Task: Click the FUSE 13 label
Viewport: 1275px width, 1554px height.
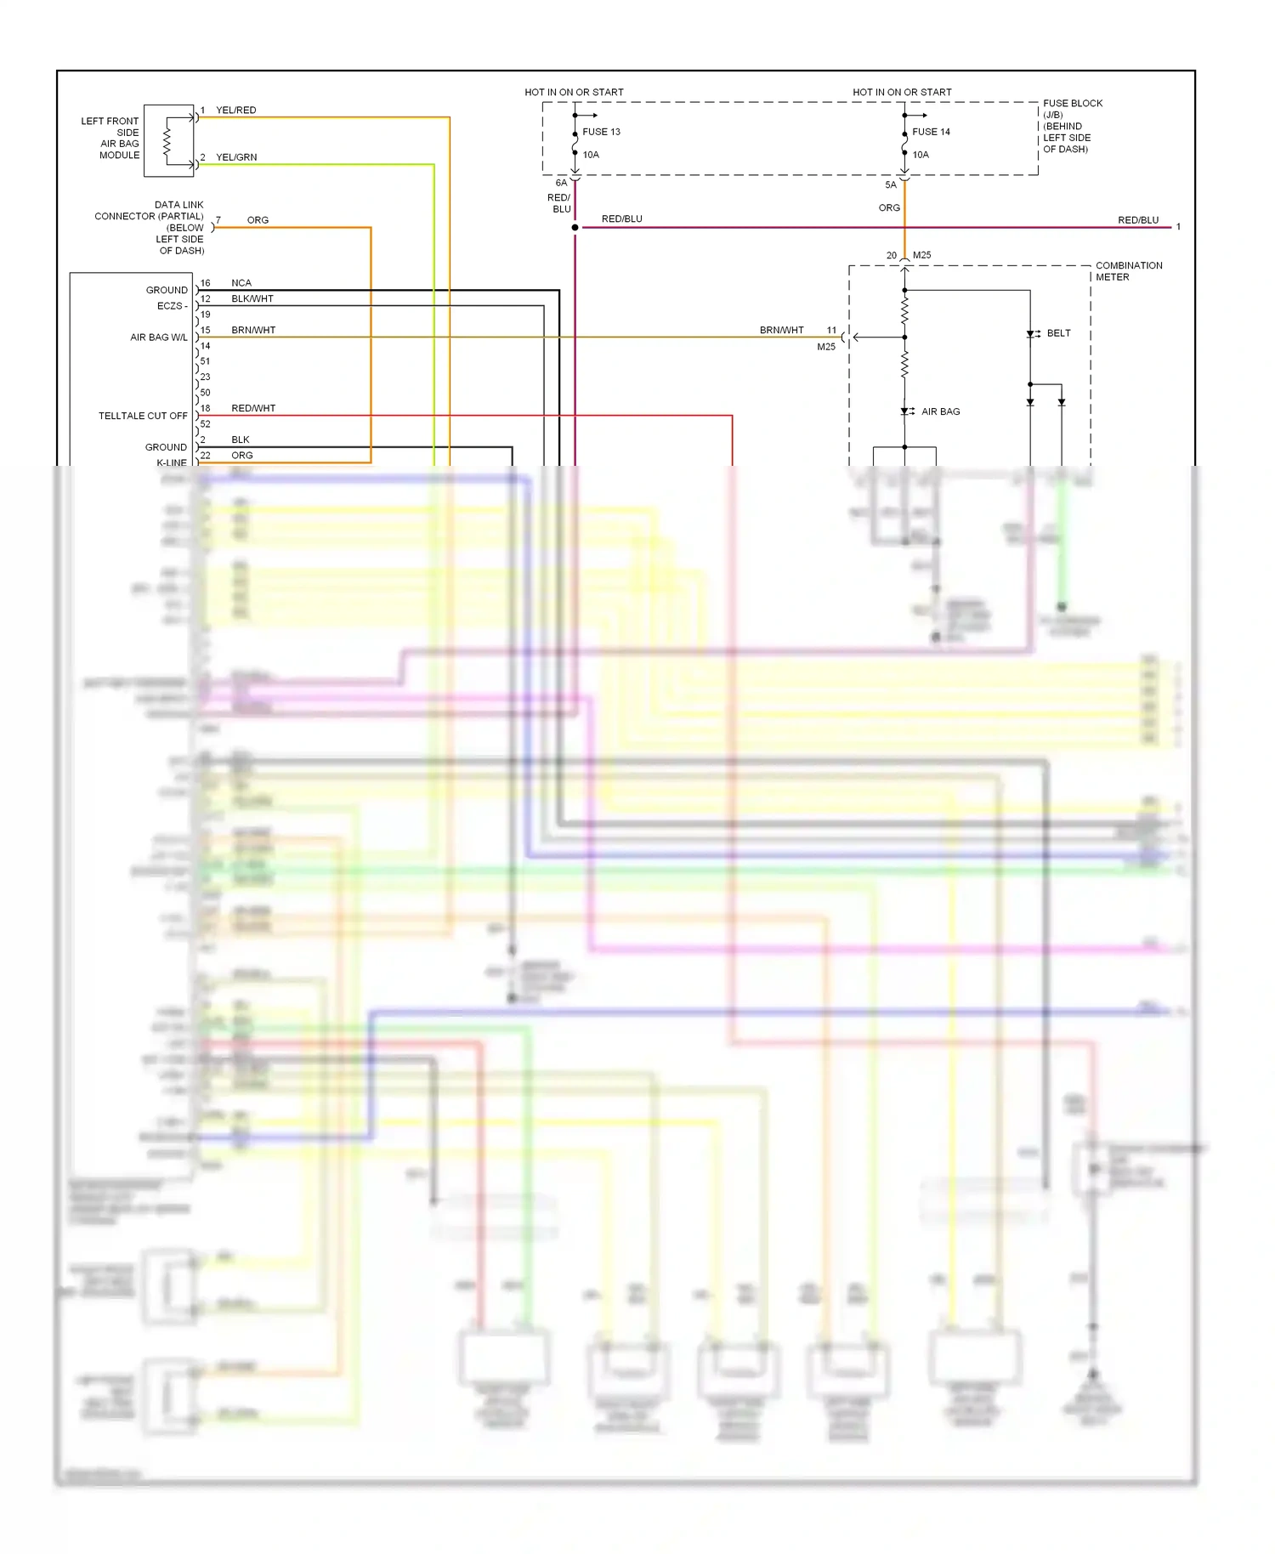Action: [601, 132]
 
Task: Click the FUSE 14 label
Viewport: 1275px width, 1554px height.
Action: [931, 132]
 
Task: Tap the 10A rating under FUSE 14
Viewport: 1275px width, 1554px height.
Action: [921, 155]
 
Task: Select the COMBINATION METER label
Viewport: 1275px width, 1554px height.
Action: [1128, 271]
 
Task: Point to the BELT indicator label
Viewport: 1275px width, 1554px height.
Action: [1058, 333]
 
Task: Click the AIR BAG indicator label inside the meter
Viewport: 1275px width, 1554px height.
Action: [940, 411]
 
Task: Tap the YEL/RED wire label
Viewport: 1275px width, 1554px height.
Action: [235, 111]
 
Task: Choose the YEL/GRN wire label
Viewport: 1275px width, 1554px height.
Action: [236, 157]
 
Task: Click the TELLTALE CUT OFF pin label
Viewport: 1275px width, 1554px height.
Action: [143, 416]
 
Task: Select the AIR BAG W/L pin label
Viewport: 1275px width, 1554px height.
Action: [159, 337]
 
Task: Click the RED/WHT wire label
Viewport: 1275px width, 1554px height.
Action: [253, 408]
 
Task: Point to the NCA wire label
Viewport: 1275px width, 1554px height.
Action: [241, 283]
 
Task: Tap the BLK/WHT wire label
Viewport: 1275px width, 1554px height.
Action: [252, 299]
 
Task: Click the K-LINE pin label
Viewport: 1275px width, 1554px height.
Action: [172, 462]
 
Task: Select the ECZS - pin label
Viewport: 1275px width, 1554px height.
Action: [172, 306]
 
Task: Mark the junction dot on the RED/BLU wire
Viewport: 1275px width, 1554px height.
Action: [575, 228]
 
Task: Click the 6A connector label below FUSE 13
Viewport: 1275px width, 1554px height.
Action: [561, 183]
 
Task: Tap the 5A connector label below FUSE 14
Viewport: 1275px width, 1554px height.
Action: [890, 184]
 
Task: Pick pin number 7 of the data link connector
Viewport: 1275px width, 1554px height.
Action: [218, 220]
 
